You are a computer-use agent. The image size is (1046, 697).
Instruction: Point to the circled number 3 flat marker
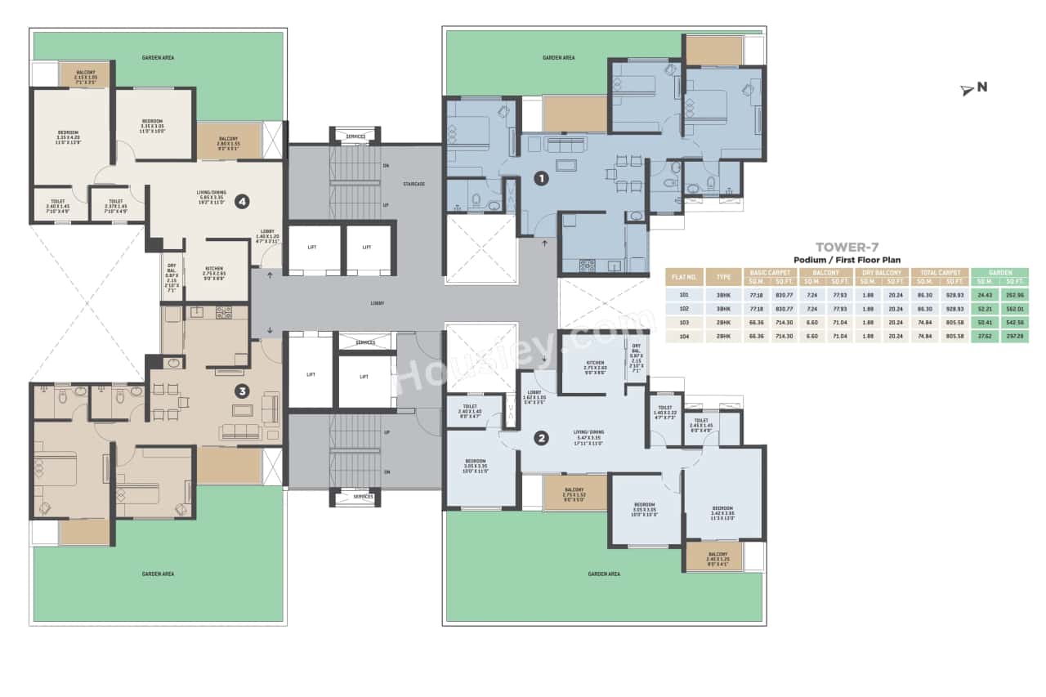click(242, 391)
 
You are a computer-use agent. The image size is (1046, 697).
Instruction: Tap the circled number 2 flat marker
click(540, 438)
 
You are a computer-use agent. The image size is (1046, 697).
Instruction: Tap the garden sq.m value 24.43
click(984, 294)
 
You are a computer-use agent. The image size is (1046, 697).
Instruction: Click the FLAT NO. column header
click(684, 276)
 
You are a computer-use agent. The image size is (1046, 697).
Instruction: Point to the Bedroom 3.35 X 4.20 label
click(68, 136)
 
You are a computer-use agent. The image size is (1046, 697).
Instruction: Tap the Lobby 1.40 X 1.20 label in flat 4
click(267, 236)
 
